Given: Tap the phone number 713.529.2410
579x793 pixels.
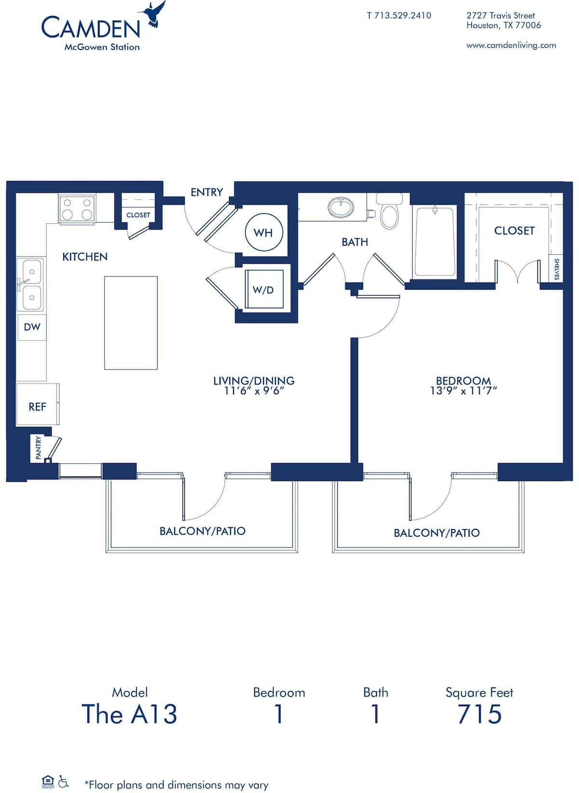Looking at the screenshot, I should pos(399,15).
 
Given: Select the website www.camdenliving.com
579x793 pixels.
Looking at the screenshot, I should pos(511,45).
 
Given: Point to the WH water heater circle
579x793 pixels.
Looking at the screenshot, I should pos(263,232).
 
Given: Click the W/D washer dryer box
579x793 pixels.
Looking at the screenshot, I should pos(263,289).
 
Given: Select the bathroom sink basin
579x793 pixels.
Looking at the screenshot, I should pos(341,207).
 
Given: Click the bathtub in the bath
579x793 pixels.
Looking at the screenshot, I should pos(435,241).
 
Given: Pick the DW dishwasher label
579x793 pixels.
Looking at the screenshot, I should pos(32,327).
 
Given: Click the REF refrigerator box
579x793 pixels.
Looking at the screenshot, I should pos(37,406).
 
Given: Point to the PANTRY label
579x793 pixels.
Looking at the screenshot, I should pos(39,448).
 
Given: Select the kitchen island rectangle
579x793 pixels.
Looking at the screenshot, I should pos(131,323).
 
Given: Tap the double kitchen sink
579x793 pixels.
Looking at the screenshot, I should pos(30,284).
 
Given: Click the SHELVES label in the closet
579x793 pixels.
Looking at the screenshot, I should pos(556,269).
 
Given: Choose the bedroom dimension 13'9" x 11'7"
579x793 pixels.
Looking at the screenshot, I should pos(463,391).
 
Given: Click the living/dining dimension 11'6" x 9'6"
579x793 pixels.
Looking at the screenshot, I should pos(254,391).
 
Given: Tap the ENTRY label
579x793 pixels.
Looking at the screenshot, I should pos(207,192).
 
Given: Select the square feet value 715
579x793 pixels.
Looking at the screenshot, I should pos(480,714).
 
